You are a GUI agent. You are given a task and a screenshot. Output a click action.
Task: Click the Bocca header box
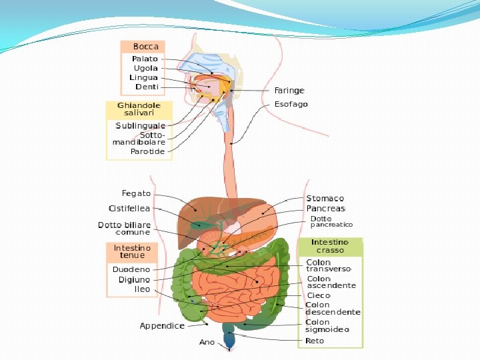(143, 47)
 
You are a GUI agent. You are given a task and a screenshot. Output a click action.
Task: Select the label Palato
(145, 59)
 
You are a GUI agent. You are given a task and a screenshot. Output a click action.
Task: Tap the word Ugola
(145, 68)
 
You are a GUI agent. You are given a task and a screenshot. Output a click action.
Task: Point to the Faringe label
(289, 91)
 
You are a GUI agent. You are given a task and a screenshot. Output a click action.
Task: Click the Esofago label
(291, 105)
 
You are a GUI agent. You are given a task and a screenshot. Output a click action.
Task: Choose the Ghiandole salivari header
(139, 110)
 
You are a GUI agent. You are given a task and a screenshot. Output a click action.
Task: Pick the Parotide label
(147, 151)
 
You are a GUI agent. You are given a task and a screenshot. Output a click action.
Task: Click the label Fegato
(136, 193)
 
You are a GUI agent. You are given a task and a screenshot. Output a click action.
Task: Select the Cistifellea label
(129, 209)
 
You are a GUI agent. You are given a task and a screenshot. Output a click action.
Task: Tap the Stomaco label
(325, 199)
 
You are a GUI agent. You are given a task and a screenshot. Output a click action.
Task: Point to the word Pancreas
(326, 209)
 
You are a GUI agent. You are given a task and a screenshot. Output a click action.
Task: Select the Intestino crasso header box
(330, 246)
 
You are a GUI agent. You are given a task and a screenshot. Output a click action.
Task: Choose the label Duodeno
(131, 269)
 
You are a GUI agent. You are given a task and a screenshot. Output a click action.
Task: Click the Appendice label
(162, 326)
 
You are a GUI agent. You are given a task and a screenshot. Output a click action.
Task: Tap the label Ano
(207, 342)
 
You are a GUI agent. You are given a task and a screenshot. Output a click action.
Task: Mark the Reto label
(315, 341)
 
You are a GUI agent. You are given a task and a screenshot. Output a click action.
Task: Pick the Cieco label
(319, 295)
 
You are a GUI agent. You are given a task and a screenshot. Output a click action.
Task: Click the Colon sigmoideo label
(327, 326)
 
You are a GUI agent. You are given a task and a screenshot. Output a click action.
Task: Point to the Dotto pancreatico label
(331, 222)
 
